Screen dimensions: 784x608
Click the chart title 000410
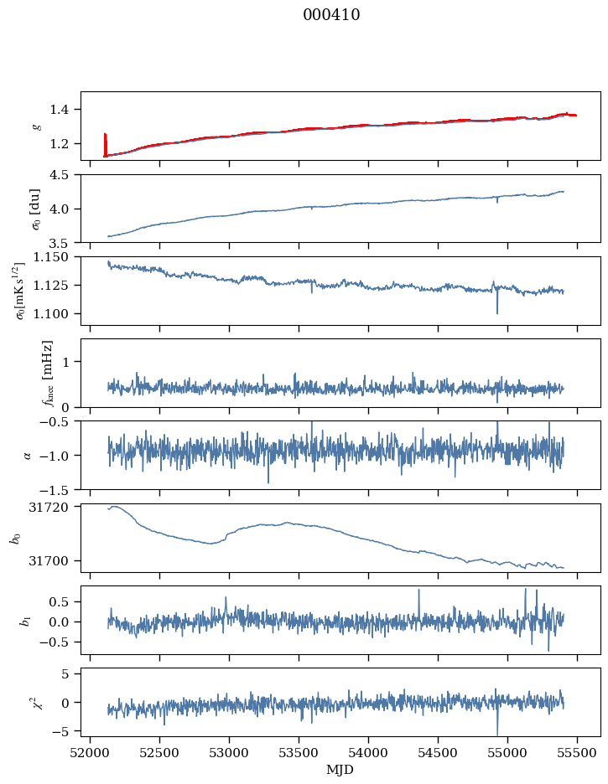pyautogui.click(x=331, y=15)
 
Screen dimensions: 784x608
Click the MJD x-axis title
pyautogui.click(x=340, y=770)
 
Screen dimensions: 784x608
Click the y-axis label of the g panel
pyautogui.click(x=36, y=126)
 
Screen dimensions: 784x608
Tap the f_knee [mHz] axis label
pyautogui.click(x=47, y=373)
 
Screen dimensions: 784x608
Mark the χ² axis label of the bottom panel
pyautogui.click(x=36, y=702)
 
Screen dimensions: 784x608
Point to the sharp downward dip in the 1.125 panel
pyautogui.click(x=497, y=313)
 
